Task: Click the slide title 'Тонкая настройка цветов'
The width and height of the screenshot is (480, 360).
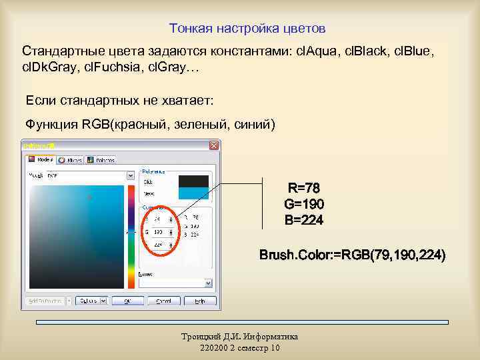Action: (247, 29)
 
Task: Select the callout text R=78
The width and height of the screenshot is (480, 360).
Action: (304, 188)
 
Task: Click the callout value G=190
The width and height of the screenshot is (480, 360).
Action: (304, 204)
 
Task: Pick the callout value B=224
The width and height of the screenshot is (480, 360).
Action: (304, 220)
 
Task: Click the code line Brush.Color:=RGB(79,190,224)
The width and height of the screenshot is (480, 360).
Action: (353, 255)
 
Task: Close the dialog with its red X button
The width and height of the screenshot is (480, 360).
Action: (214, 145)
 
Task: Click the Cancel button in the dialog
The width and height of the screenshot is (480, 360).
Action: (163, 301)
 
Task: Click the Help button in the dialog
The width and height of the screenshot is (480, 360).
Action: (199, 301)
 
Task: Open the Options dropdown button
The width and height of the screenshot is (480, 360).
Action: (89, 301)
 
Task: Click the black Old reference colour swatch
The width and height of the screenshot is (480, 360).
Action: (193, 181)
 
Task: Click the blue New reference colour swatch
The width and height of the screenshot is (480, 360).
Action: (193, 193)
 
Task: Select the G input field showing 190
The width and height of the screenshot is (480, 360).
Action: (158, 232)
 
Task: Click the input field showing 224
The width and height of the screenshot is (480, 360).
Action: (158, 245)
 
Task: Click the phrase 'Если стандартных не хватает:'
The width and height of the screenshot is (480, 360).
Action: (119, 100)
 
